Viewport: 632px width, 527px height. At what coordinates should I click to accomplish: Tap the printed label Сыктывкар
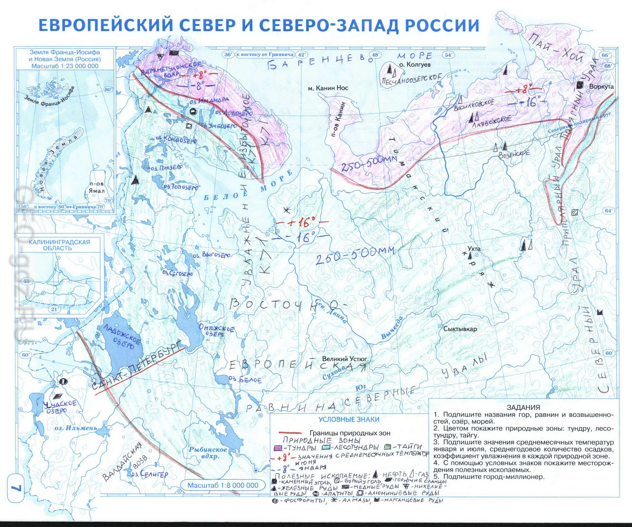point(460,329)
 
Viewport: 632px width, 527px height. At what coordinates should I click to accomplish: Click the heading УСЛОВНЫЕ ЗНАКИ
point(349,419)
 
